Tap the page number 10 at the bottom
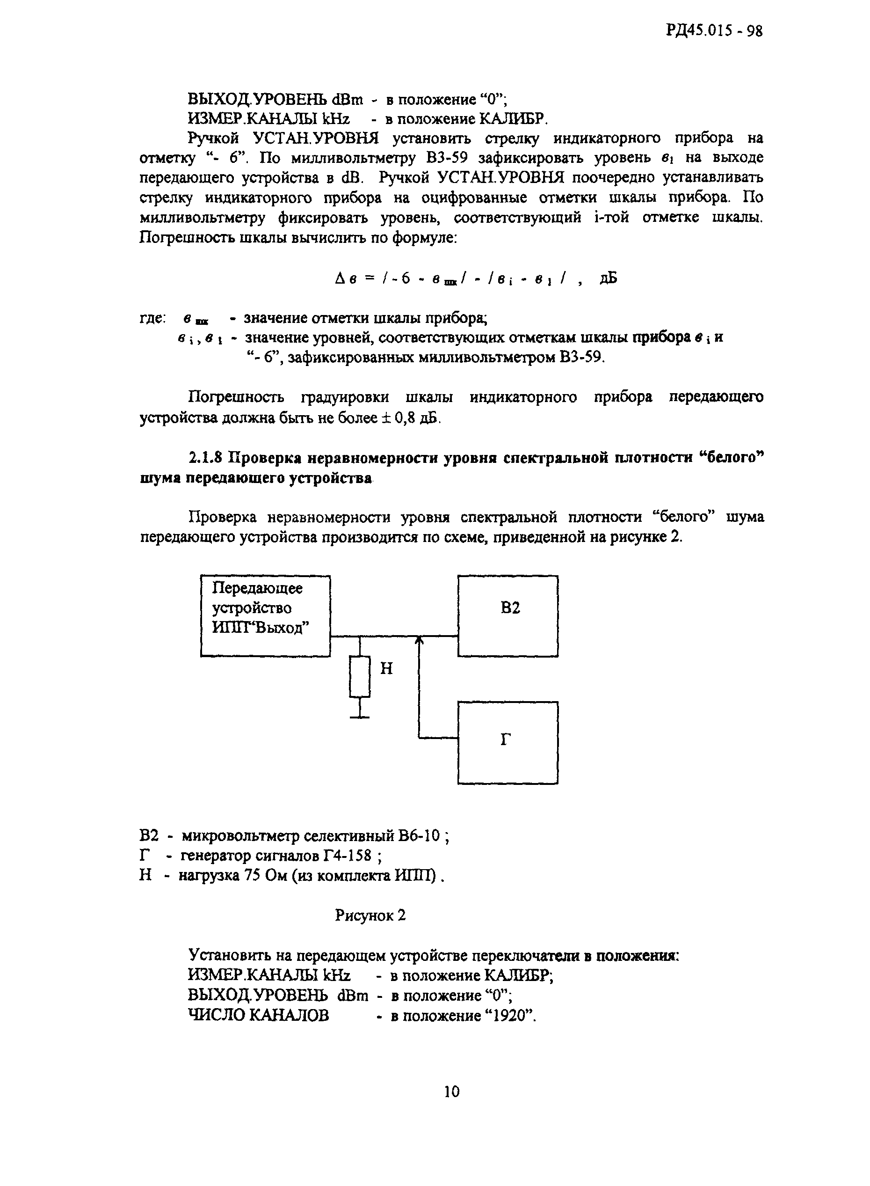coord(451,1091)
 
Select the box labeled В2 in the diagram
coord(507,616)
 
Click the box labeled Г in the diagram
coord(507,742)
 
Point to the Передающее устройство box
coord(265,615)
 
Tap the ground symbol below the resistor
coord(360,716)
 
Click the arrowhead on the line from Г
coord(419,640)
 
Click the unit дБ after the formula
coord(608,278)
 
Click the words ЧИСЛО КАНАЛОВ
coord(258,1015)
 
